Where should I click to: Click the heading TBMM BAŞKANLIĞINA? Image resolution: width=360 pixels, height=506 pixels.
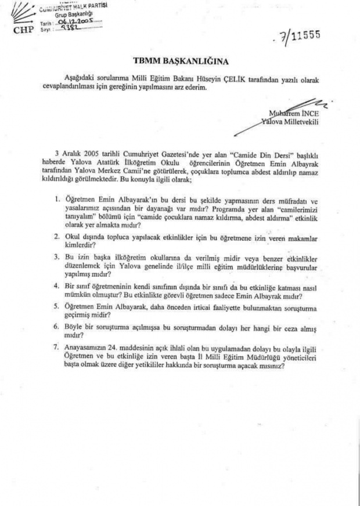(x=179, y=60)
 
